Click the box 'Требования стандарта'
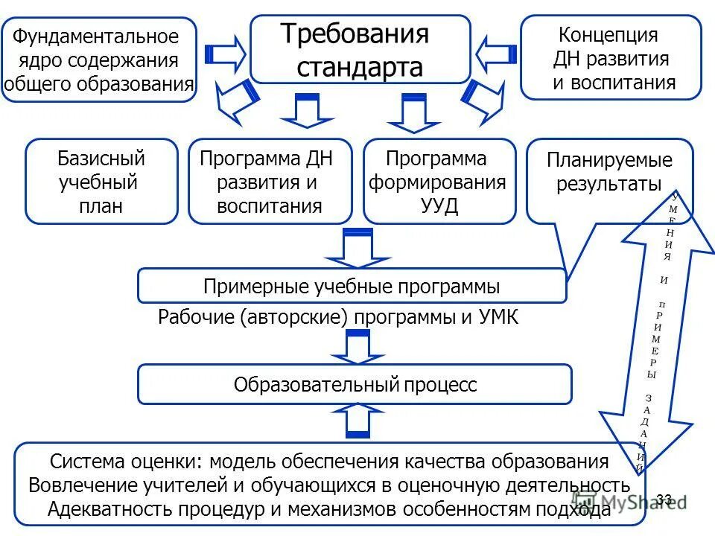coord(360,49)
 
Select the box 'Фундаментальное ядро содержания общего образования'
coord(99,60)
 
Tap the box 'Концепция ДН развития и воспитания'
coord(611,57)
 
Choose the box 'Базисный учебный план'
coord(101,182)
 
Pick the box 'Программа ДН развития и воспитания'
coord(270,182)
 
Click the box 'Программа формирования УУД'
coord(439,182)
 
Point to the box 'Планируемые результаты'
coord(609,172)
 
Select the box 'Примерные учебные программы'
coord(352,287)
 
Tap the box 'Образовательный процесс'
coord(355,384)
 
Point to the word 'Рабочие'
coord(196,318)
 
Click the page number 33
coord(665,498)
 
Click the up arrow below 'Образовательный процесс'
coord(357,421)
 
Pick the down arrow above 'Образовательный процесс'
coord(357,347)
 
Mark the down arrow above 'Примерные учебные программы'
coord(357,248)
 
